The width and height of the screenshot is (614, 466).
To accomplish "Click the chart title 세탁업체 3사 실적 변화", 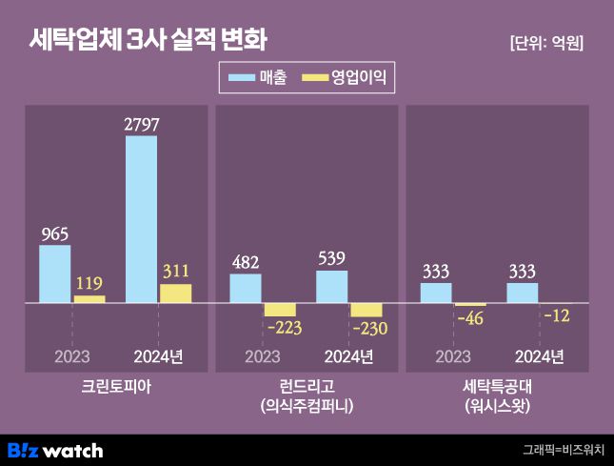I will [148, 40].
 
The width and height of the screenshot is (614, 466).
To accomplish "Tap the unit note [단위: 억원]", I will [546, 43].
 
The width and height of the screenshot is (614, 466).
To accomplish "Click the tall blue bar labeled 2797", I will [141, 219].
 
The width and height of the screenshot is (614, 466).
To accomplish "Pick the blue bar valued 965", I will [54, 274].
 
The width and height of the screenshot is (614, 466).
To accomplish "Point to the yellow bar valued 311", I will [175, 294].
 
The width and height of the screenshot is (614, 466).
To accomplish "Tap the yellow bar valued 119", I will [89, 299].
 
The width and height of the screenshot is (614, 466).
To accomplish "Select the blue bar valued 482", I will [246, 289].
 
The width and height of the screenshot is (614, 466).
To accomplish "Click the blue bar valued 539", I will [331, 287].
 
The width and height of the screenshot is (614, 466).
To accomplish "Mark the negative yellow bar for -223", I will [280, 310].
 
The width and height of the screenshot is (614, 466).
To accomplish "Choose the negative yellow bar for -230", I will [366, 310].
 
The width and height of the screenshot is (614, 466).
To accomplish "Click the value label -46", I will [470, 317].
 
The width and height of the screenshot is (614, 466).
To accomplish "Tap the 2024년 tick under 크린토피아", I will [158, 356].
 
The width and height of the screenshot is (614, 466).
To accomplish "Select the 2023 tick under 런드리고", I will [263, 356].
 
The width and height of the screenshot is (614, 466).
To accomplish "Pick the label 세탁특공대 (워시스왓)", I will [496, 395].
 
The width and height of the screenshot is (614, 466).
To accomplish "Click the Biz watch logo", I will [55, 450].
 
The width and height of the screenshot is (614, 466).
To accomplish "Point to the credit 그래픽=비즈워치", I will [563, 450].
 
